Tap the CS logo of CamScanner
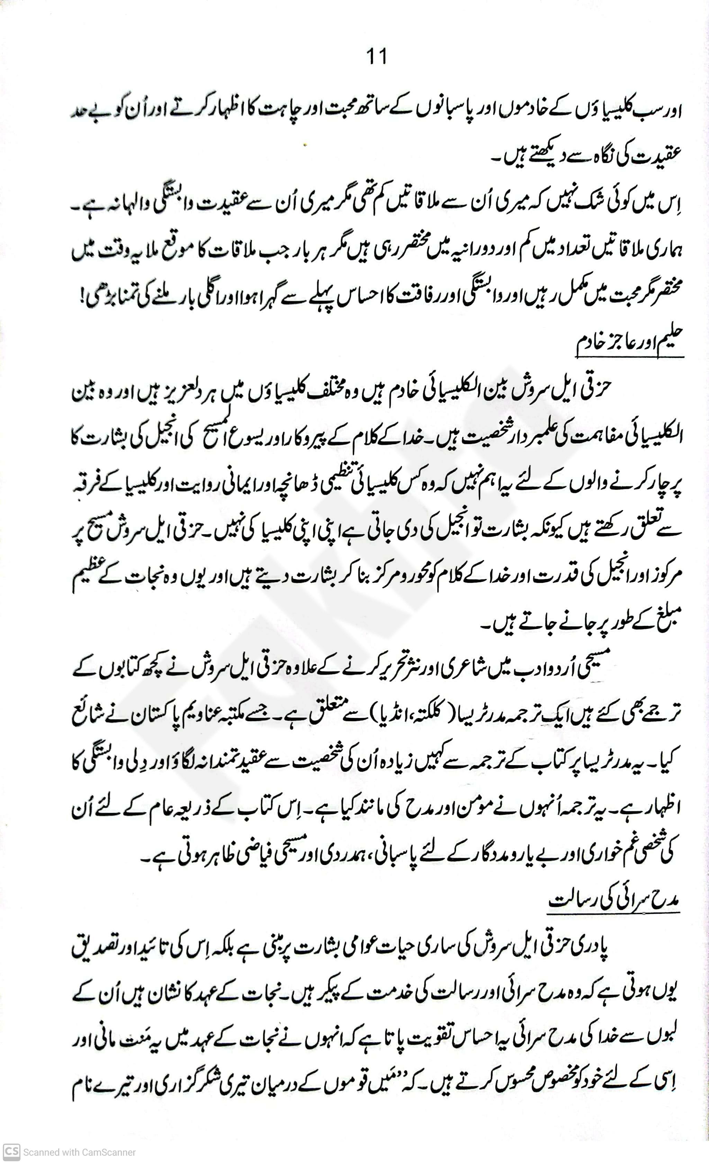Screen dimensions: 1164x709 (x=11, y=1152)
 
